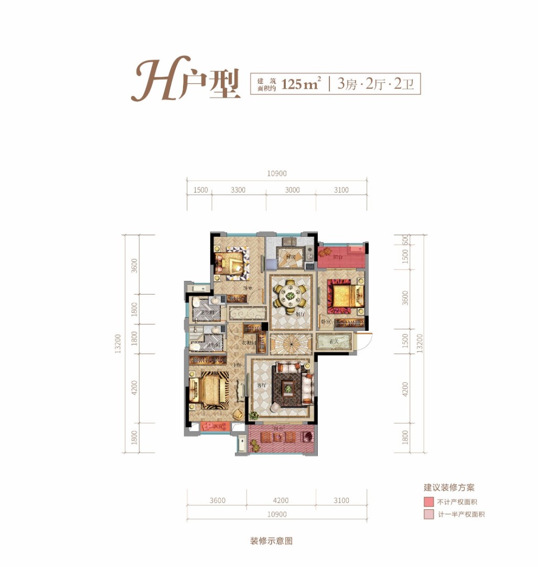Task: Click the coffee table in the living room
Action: (287, 389)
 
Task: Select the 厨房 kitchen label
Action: (291, 257)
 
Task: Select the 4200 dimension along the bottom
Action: (281, 500)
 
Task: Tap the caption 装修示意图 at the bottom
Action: (271, 541)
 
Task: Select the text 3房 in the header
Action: (348, 84)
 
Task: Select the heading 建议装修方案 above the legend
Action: (449, 487)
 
